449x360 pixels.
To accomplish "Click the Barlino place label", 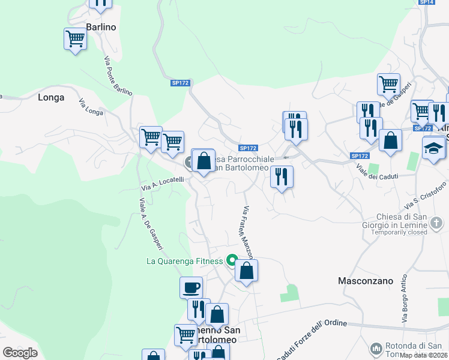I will pos(101,27).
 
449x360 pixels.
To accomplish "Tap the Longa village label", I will pos(51,97).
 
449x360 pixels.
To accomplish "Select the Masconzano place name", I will pos(366,280).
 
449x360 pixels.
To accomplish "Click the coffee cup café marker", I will pos(191,287).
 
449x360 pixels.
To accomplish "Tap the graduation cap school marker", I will pos(434,148).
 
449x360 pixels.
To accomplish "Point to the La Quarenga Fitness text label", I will pos(185,261).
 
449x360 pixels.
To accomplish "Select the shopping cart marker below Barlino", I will pos(76,39).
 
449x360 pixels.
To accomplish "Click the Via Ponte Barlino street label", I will pos(118,75).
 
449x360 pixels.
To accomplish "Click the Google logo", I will pos(20,353).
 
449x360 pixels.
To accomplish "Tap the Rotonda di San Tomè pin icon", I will pos(376,348).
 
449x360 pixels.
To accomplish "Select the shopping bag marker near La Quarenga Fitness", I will pos(246,271).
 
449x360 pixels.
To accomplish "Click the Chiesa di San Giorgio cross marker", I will pos(437,224).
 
